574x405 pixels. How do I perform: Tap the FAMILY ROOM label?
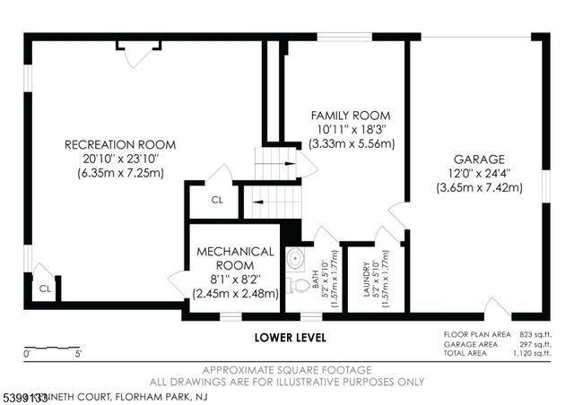350,116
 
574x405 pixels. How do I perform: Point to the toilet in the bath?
300,286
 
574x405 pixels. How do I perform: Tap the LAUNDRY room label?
367,280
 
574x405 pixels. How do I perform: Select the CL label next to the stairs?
217,201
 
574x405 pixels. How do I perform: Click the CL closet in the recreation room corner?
44,289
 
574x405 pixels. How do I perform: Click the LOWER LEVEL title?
290,338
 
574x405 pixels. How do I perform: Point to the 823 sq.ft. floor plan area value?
531,334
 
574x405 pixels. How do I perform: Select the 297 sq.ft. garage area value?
531,344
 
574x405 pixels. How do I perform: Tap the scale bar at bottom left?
54,345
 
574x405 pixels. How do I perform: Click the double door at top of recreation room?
138,50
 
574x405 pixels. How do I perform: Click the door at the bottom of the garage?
497,307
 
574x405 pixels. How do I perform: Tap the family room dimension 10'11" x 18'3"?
350,129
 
